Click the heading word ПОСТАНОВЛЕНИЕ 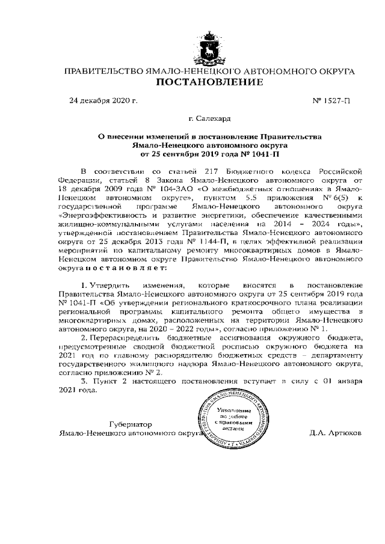click(x=209, y=82)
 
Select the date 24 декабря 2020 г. click(x=104, y=100)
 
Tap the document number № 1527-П click(x=331, y=100)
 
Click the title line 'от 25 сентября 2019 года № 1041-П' click(x=209, y=154)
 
